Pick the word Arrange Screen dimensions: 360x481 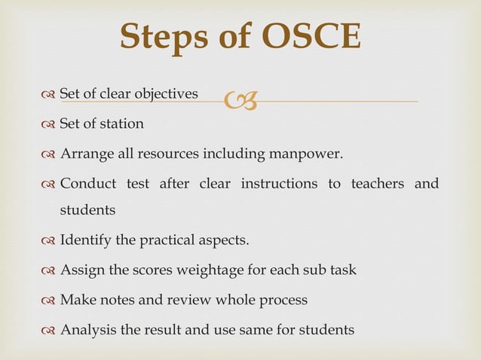click(x=85, y=156)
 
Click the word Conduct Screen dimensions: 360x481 click(x=87, y=185)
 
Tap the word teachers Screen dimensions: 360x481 click(x=375, y=185)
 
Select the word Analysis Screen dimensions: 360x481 click(x=87, y=329)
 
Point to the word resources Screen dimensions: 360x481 click(x=166, y=156)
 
